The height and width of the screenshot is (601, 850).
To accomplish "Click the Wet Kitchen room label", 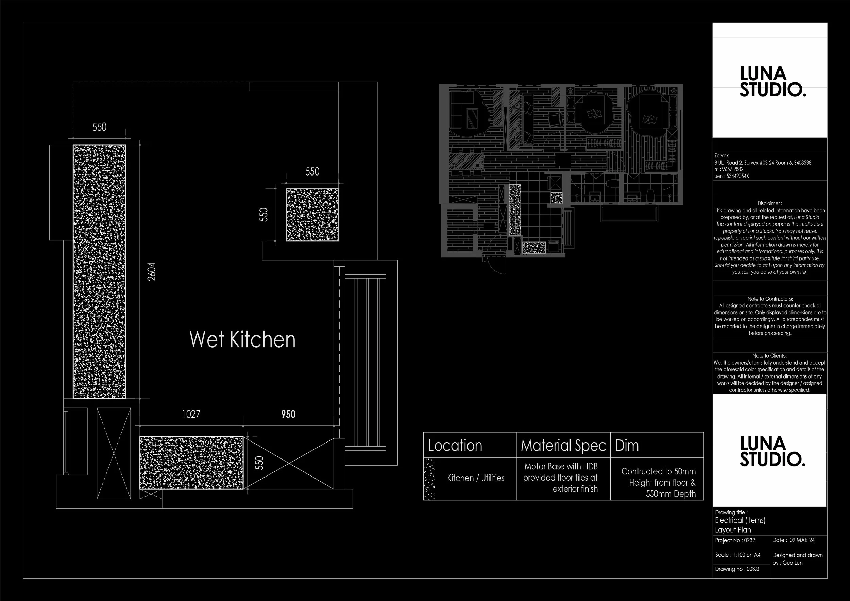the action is (x=242, y=339).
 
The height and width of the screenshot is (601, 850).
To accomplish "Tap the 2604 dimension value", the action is (x=152, y=271).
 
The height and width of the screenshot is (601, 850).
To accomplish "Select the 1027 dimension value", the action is (x=191, y=414).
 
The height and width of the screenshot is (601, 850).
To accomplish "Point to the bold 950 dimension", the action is (x=288, y=414).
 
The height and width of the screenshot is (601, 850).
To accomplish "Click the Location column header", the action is (x=455, y=446).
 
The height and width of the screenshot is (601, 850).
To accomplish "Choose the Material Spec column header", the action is (x=563, y=446).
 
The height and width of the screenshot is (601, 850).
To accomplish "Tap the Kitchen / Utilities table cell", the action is (x=475, y=478).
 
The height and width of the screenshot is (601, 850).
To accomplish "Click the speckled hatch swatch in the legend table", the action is (x=429, y=479).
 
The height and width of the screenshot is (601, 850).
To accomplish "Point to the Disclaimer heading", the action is (x=770, y=203).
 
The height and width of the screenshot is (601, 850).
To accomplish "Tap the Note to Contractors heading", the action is (x=770, y=299).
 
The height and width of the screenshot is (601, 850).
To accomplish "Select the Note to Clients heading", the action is (x=770, y=356).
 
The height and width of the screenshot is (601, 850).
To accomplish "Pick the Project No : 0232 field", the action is (x=735, y=541).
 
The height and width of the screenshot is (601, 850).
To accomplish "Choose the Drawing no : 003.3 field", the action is (x=737, y=569).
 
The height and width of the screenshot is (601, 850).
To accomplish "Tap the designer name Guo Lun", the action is (x=793, y=563).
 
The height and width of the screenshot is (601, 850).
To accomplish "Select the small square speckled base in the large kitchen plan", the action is (x=312, y=215).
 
